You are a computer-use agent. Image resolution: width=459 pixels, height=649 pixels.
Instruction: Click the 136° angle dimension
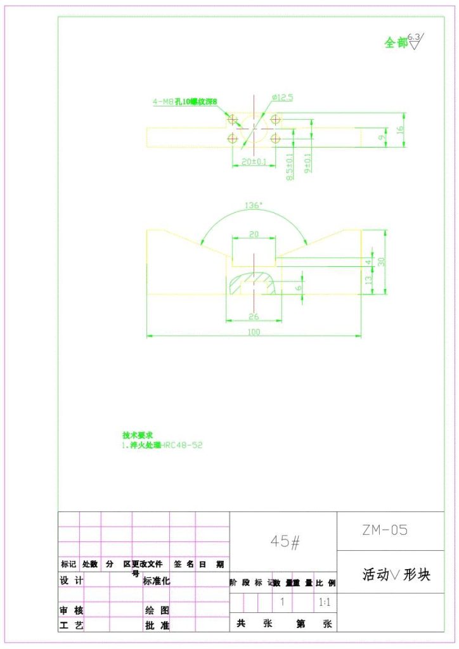tap(253, 205)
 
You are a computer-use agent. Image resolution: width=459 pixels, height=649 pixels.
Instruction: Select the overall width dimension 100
tap(254, 331)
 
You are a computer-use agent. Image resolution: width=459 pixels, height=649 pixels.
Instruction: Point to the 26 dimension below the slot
tap(254, 315)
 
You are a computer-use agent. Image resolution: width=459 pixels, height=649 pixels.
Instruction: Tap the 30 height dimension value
tap(382, 262)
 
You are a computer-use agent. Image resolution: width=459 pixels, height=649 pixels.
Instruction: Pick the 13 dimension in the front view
tap(369, 280)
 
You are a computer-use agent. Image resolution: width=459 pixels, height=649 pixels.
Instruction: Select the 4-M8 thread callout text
tap(185, 101)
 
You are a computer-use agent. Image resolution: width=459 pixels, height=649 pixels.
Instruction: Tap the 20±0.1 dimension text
tap(254, 162)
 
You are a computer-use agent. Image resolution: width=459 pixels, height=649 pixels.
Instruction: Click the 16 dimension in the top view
tap(399, 129)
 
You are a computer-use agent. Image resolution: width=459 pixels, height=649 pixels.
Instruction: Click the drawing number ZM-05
tap(385, 530)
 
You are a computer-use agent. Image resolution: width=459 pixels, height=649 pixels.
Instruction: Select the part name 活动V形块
tap(396, 575)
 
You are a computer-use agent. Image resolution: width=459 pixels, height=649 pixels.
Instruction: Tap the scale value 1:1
tap(323, 601)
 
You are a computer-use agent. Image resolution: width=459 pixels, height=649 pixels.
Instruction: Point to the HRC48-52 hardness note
tap(182, 445)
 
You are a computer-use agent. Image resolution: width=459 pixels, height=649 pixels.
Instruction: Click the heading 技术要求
tap(138, 435)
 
